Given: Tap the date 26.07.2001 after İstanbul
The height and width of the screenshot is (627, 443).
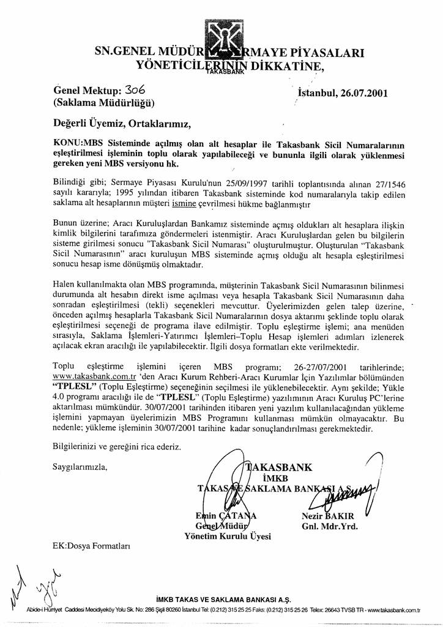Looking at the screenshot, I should [361, 94].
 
